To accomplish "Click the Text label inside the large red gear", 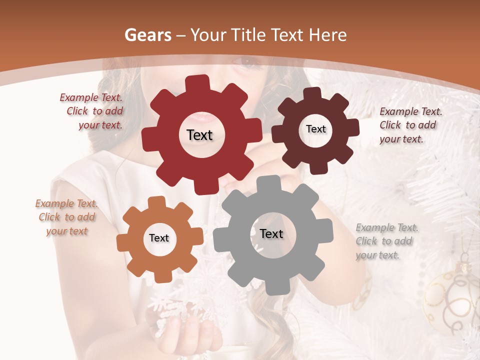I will click(199, 135).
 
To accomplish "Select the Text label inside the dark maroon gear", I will click(316, 129).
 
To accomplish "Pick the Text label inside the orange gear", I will click(159, 238).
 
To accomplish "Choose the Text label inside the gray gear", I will click(271, 233).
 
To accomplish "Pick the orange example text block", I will click(66, 217).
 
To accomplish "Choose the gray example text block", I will click(385, 241).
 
